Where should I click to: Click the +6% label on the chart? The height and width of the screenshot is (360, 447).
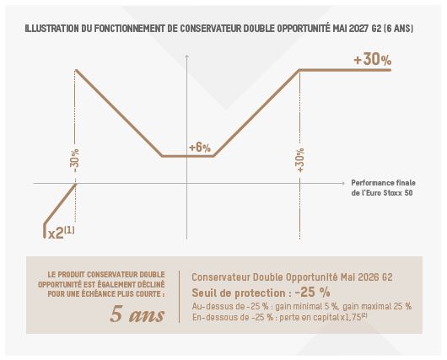(x=200, y=148)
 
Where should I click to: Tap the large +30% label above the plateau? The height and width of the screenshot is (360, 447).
(x=372, y=60)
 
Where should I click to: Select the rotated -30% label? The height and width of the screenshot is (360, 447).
(x=76, y=160)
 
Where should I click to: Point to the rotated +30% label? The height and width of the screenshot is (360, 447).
(x=300, y=160)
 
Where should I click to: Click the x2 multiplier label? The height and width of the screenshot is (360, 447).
(x=62, y=233)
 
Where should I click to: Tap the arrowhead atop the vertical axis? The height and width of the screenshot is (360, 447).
(x=186, y=56)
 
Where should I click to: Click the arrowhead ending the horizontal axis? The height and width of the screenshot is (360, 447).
(x=342, y=183)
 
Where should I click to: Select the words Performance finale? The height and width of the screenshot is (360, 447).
(x=383, y=183)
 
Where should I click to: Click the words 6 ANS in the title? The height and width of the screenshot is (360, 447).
(x=399, y=29)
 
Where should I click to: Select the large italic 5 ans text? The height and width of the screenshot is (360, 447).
(x=137, y=314)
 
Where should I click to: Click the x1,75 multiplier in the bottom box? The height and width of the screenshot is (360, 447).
(x=351, y=317)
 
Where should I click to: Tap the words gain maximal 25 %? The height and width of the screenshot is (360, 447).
(x=377, y=306)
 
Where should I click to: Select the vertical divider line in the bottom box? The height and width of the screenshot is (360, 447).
(x=179, y=297)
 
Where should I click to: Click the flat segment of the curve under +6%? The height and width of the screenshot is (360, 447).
(x=188, y=156)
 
